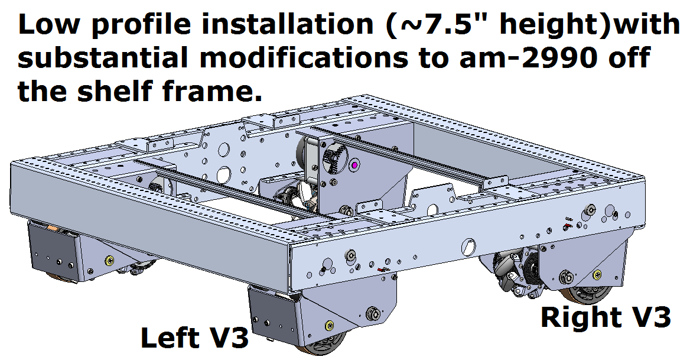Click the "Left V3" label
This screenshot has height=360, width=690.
click(194, 338)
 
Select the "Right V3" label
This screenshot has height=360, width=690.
click(606, 317)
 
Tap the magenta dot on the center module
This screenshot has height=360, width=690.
click(354, 166)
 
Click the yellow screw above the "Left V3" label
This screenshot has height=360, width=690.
click(328, 324)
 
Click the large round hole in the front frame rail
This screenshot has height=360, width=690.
click(470, 244)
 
